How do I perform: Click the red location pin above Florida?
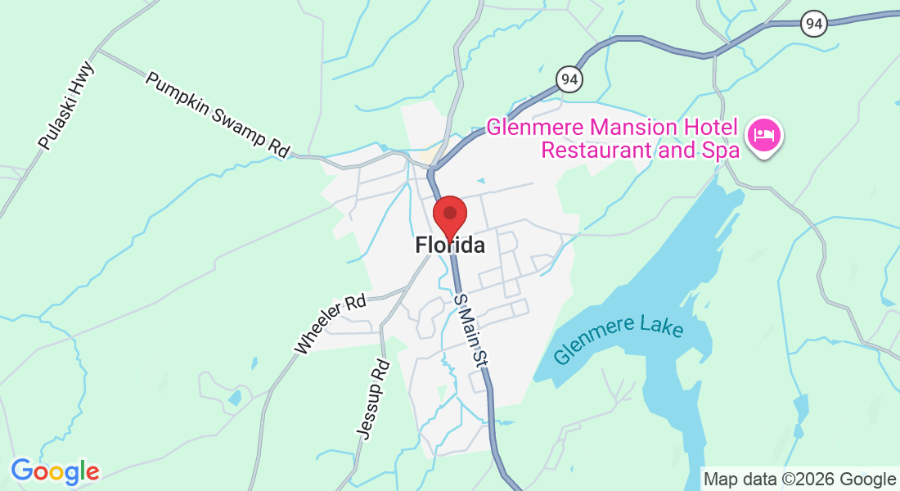point(449,214)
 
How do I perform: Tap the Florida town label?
point(449,245)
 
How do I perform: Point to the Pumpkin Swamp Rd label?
point(218,115)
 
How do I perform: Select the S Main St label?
point(471,331)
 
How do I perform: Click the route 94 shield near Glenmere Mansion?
point(569,79)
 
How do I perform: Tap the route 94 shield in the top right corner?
point(812,25)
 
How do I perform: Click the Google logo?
point(55,471)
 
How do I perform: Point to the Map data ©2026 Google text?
point(799,480)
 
